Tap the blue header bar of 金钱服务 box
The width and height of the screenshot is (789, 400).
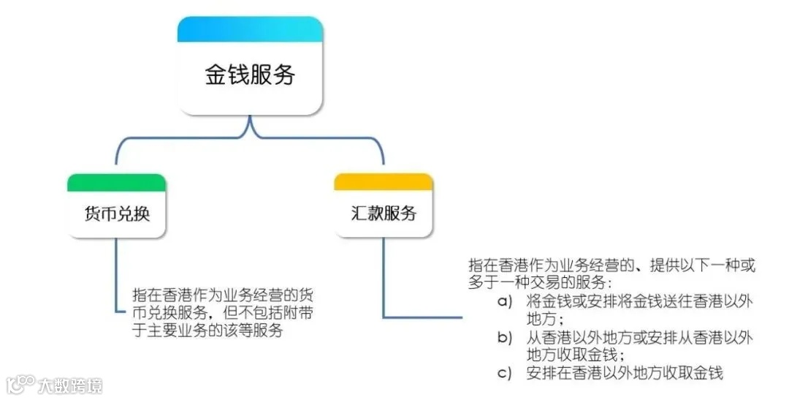coord(250,29)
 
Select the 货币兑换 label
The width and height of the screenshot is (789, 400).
coord(116,214)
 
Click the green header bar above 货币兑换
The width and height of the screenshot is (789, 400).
coord(116,183)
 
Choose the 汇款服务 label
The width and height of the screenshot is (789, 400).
coord(383,214)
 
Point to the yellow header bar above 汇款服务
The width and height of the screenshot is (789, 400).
coord(383,181)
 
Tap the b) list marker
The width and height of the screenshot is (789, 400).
coord(505,338)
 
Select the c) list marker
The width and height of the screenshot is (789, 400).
coord(505,373)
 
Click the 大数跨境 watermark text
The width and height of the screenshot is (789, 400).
coord(70,385)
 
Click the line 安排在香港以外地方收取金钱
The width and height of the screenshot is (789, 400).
coord(624,373)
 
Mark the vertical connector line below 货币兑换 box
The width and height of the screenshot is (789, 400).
coord(117,274)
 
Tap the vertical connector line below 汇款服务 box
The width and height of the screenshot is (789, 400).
coord(384,278)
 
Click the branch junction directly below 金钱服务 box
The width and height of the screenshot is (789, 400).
coord(250,132)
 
